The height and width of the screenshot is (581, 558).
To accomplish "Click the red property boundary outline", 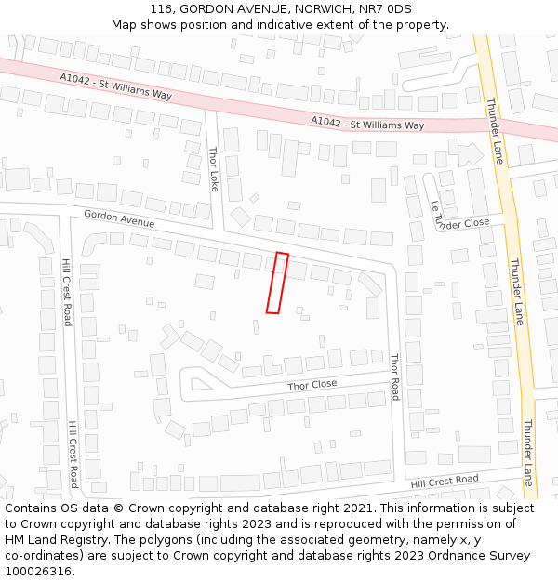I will click(277, 283).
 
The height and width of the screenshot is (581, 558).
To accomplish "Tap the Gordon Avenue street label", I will click(119, 218).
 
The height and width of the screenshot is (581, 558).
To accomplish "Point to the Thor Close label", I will click(312, 385).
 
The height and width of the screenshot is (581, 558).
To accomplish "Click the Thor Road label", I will click(394, 376).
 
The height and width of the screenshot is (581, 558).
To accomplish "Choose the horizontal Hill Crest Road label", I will click(445, 481).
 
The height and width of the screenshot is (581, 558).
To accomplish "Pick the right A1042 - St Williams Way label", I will click(367, 124).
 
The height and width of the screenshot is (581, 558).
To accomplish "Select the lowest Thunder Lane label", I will click(527, 453).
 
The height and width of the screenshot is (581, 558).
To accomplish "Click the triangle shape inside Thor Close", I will click(198, 381).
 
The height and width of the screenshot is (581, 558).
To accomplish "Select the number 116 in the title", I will click(162, 8).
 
